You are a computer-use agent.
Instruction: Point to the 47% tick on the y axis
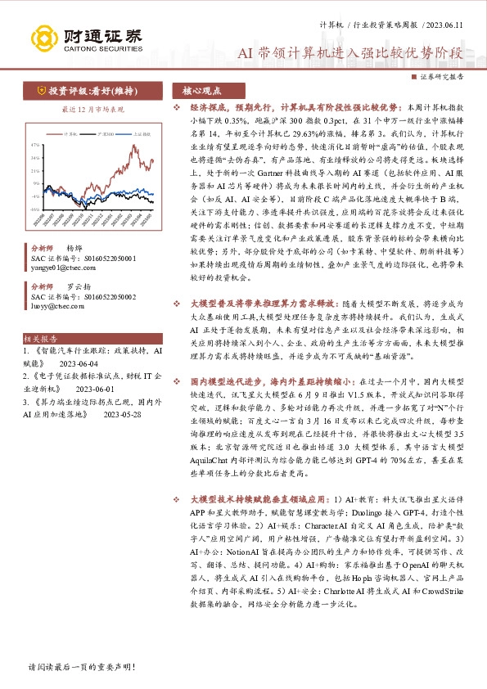coord(37,145)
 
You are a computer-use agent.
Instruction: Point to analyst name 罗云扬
coord(78,287)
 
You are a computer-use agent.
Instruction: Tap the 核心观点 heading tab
coord(202,92)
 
